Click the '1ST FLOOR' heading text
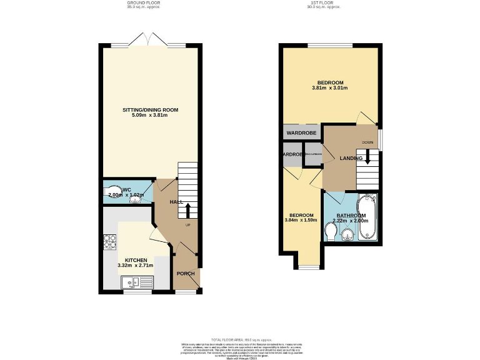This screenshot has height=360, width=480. point(330,3)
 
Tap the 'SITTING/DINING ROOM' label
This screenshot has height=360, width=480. point(150,110)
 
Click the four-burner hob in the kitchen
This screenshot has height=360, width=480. point(109,241)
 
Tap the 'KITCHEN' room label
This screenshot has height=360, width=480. point(136,260)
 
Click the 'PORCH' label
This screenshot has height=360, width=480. point(186,274)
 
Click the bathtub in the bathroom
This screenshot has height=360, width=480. point(366,219)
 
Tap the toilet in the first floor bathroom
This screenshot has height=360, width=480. point(332,232)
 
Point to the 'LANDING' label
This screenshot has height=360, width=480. point(351,158)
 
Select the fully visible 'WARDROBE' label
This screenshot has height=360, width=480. point(302,133)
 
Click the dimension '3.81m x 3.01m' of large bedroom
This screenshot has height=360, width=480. point(329,88)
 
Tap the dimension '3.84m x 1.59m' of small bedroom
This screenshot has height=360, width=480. point(302,221)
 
